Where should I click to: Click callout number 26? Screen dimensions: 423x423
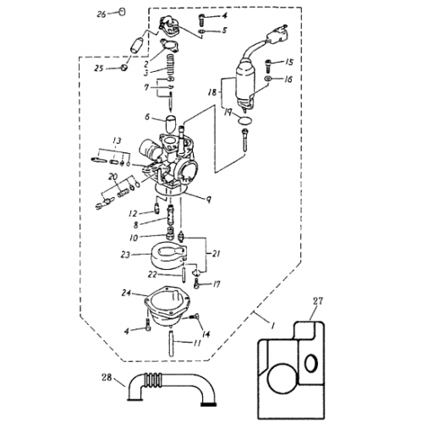click(x=102, y=14)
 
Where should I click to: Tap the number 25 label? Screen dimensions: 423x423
click(x=98, y=68)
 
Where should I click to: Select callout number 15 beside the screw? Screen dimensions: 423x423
click(x=288, y=63)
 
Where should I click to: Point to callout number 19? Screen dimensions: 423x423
click(x=227, y=111)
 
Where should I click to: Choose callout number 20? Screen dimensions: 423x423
click(x=112, y=176)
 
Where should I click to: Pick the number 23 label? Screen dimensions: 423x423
click(x=125, y=255)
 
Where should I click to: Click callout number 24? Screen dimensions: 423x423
click(x=128, y=294)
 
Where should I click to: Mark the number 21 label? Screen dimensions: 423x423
click(x=218, y=253)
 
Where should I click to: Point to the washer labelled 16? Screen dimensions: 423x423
click(x=268, y=79)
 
